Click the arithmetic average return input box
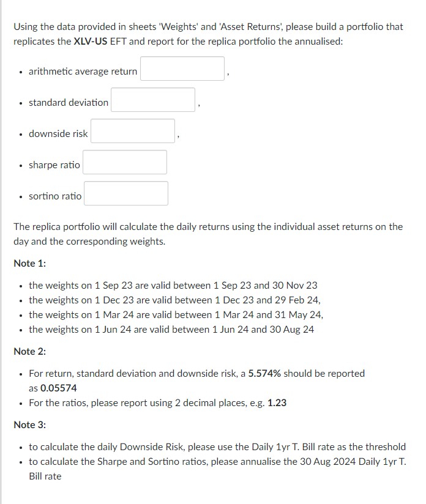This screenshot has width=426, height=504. (x=182, y=69)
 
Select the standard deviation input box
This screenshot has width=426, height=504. (x=153, y=100)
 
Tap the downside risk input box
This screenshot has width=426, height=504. (x=133, y=131)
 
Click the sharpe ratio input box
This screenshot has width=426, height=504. (x=125, y=162)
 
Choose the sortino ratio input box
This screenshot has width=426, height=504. (x=125, y=193)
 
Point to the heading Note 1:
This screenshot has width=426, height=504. (x=30, y=263)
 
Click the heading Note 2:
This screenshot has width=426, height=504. (x=30, y=351)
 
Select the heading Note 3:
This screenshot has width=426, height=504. (x=30, y=424)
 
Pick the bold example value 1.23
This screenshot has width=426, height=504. (x=277, y=402)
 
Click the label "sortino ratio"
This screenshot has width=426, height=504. (x=55, y=196)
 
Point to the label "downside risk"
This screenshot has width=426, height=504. (x=58, y=134)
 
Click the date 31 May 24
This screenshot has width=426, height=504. (x=300, y=314)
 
